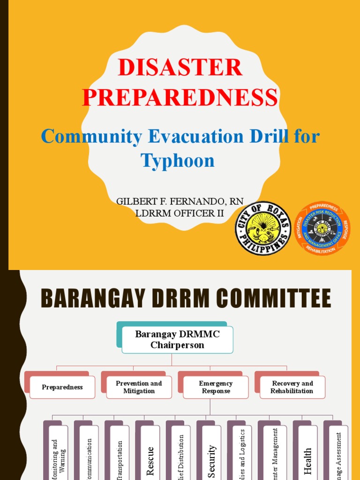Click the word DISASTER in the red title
coord(180,68)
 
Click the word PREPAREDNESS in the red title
coord(180,97)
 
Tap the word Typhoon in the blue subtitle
coord(178,161)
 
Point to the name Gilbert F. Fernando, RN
coord(180,201)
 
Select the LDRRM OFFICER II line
coord(180,213)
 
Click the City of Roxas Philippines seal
coord(263,229)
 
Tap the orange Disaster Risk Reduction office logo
coord(322,229)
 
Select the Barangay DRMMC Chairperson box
coord(177,339)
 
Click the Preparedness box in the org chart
coord(62,387)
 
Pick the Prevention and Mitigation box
coord(139,387)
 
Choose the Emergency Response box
coord(216,387)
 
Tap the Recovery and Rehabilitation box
coord(292,387)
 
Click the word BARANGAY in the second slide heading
coord(83,299)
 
